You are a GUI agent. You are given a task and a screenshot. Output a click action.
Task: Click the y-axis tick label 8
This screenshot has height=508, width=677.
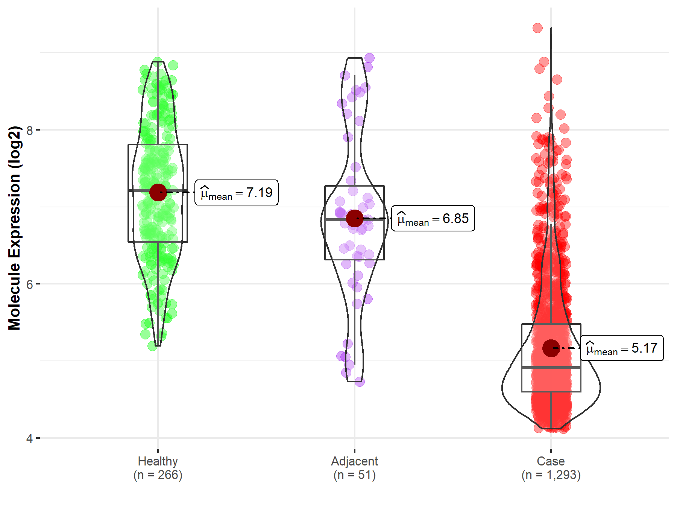[x=30, y=130]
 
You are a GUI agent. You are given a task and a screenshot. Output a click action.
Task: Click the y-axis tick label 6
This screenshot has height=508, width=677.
[x=30, y=284]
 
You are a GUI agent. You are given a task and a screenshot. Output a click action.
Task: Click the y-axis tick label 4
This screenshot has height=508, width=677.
[x=30, y=438]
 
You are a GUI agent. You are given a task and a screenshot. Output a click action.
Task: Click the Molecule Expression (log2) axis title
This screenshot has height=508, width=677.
[x=14, y=228]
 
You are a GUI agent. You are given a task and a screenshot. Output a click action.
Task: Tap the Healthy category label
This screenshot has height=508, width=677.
[x=158, y=461]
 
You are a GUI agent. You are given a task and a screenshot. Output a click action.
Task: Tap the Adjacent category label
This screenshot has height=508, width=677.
[x=354, y=461]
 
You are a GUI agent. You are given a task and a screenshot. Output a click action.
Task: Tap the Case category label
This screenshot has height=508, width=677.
[x=551, y=461]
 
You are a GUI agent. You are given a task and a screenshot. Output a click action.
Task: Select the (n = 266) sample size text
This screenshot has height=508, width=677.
[x=158, y=475]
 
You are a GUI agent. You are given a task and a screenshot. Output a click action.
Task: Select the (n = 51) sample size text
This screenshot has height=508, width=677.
[x=354, y=475]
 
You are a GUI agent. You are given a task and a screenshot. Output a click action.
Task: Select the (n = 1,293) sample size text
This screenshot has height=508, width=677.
[x=551, y=475]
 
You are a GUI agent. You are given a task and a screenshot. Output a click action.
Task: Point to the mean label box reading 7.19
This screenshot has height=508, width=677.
[x=237, y=193]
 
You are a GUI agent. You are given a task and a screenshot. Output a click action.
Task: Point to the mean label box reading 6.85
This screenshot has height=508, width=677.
[x=433, y=218]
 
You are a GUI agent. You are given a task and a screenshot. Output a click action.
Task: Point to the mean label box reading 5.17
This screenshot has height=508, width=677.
[x=622, y=348]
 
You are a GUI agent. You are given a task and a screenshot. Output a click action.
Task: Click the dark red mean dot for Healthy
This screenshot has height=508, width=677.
[x=158, y=192]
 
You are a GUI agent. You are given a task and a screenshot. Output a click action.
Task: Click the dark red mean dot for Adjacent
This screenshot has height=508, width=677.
[x=354, y=218]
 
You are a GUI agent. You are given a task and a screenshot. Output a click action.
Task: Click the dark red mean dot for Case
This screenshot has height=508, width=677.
[x=551, y=348]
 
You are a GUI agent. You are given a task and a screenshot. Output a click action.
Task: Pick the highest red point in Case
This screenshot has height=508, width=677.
[x=537, y=28]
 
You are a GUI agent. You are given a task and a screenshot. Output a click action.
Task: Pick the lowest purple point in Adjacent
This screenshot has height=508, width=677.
[x=360, y=382]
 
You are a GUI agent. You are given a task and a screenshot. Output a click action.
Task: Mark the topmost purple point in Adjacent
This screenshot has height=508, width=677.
[x=369, y=58]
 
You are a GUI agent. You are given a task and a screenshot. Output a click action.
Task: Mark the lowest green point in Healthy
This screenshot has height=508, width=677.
[x=152, y=346]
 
